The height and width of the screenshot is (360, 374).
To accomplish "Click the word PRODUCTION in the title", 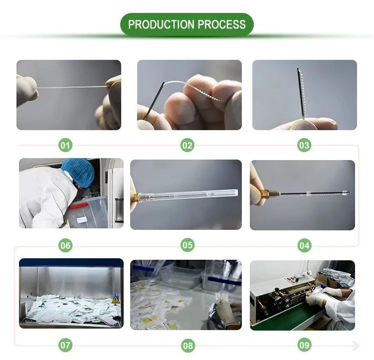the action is [x=161, y=24].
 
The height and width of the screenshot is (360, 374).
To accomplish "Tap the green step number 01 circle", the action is [x=65, y=145].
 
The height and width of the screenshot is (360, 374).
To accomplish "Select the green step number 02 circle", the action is [x=187, y=145].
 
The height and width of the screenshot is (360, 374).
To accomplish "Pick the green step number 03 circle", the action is [x=304, y=145].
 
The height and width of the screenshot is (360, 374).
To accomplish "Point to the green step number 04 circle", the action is [x=304, y=245].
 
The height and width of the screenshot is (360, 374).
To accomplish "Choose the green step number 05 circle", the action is [x=187, y=245].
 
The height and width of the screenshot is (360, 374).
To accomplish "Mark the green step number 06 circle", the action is [x=65, y=245].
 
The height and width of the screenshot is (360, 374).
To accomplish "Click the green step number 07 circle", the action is [x=65, y=345].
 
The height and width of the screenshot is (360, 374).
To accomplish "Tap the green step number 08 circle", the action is [x=187, y=346].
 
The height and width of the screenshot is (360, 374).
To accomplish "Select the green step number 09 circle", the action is [x=304, y=345].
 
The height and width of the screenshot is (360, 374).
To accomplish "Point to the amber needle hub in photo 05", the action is [x=135, y=198].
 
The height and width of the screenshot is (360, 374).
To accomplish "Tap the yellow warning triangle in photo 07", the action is [x=116, y=300].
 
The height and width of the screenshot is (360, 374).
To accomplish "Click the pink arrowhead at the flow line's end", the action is [x=356, y=345].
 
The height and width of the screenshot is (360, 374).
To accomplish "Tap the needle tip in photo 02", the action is [x=164, y=82].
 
